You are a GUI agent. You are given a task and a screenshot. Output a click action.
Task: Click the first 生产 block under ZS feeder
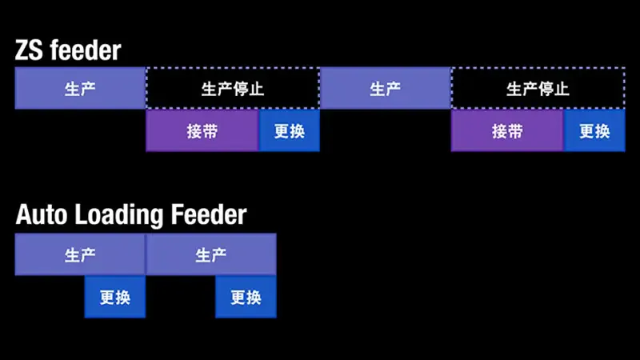(80, 89)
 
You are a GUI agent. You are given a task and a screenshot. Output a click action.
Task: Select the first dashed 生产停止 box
(232, 89)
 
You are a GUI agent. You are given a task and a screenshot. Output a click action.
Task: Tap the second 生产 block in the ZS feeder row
(385, 89)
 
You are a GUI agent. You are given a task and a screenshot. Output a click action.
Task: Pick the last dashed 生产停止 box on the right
(538, 89)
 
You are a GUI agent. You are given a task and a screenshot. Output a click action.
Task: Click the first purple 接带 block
(202, 131)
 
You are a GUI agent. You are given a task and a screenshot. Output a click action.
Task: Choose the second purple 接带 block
(507, 131)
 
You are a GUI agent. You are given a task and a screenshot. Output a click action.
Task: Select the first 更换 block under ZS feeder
(290, 131)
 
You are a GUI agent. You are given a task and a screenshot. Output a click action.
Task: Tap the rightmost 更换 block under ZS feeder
(594, 131)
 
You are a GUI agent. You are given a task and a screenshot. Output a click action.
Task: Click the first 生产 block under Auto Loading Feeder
(80, 255)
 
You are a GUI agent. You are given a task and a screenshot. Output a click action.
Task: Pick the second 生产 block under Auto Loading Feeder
(210, 255)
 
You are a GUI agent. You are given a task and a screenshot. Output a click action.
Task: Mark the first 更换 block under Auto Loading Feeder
(115, 298)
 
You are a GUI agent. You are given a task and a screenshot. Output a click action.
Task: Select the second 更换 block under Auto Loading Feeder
(246, 298)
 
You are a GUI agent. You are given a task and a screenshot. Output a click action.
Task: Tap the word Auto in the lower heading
(39, 215)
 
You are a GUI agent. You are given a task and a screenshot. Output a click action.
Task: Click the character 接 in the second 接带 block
(499, 131)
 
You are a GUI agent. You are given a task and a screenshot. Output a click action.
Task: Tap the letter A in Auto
(24, 215)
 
